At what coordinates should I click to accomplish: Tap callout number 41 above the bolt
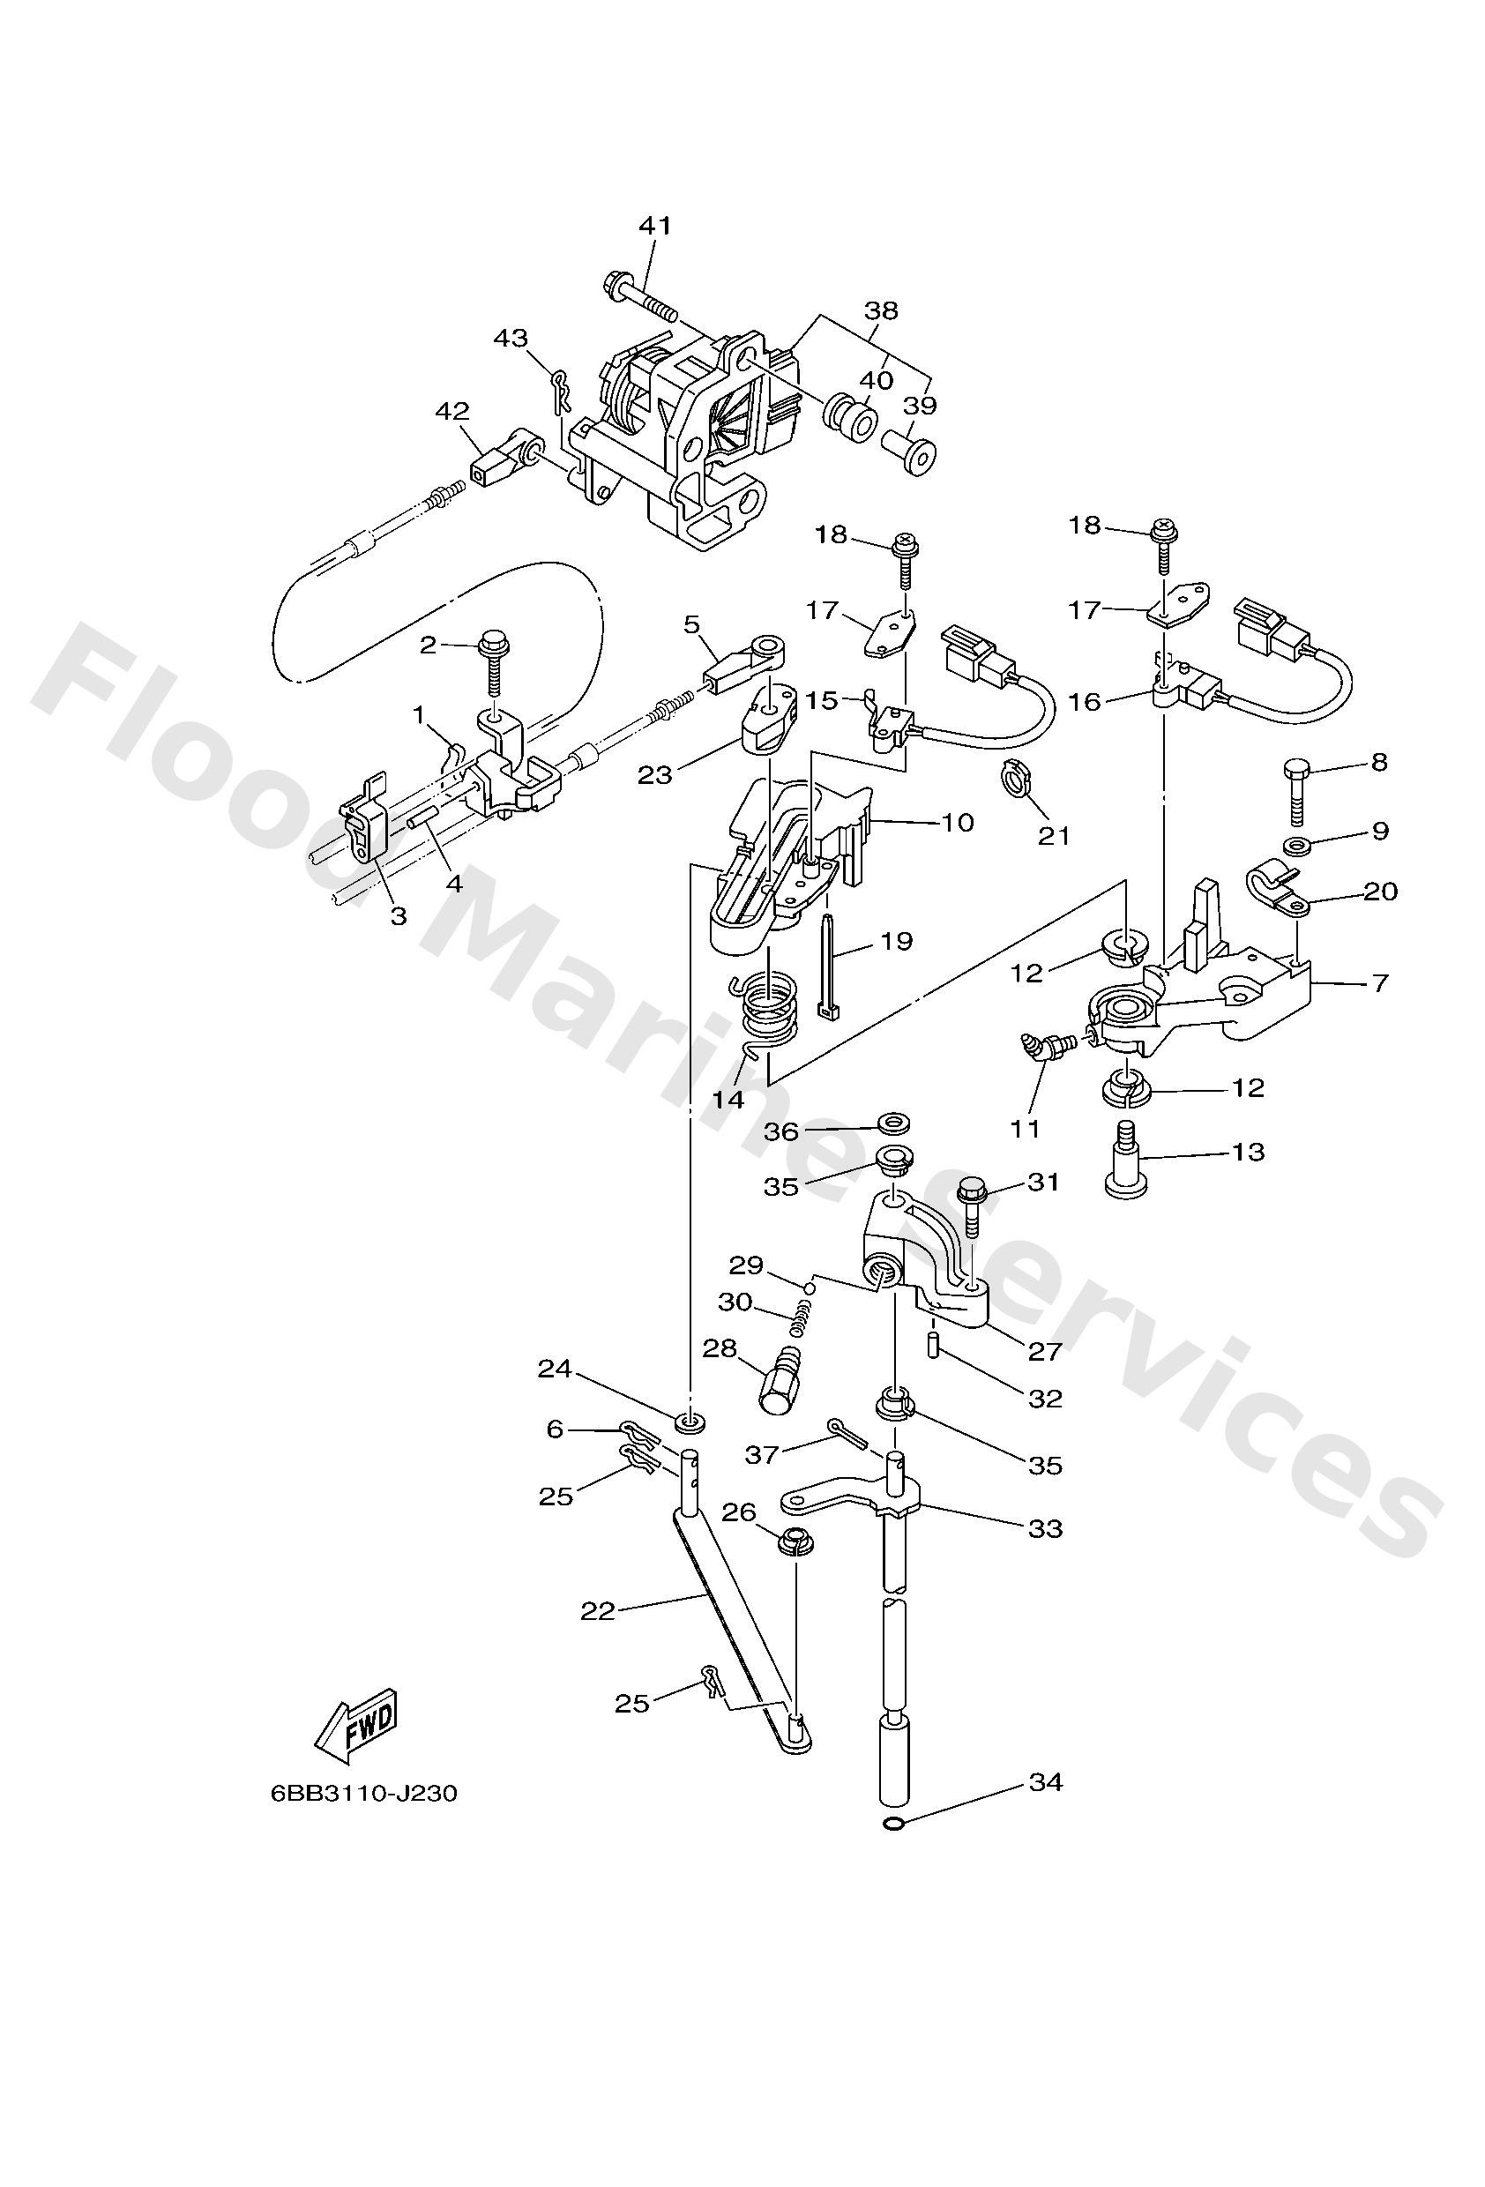(655, 226)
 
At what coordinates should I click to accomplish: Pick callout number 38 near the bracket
(881, 310)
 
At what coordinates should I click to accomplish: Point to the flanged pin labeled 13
(1126, 1160)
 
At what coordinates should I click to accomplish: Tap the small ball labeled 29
(808, 1285)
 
